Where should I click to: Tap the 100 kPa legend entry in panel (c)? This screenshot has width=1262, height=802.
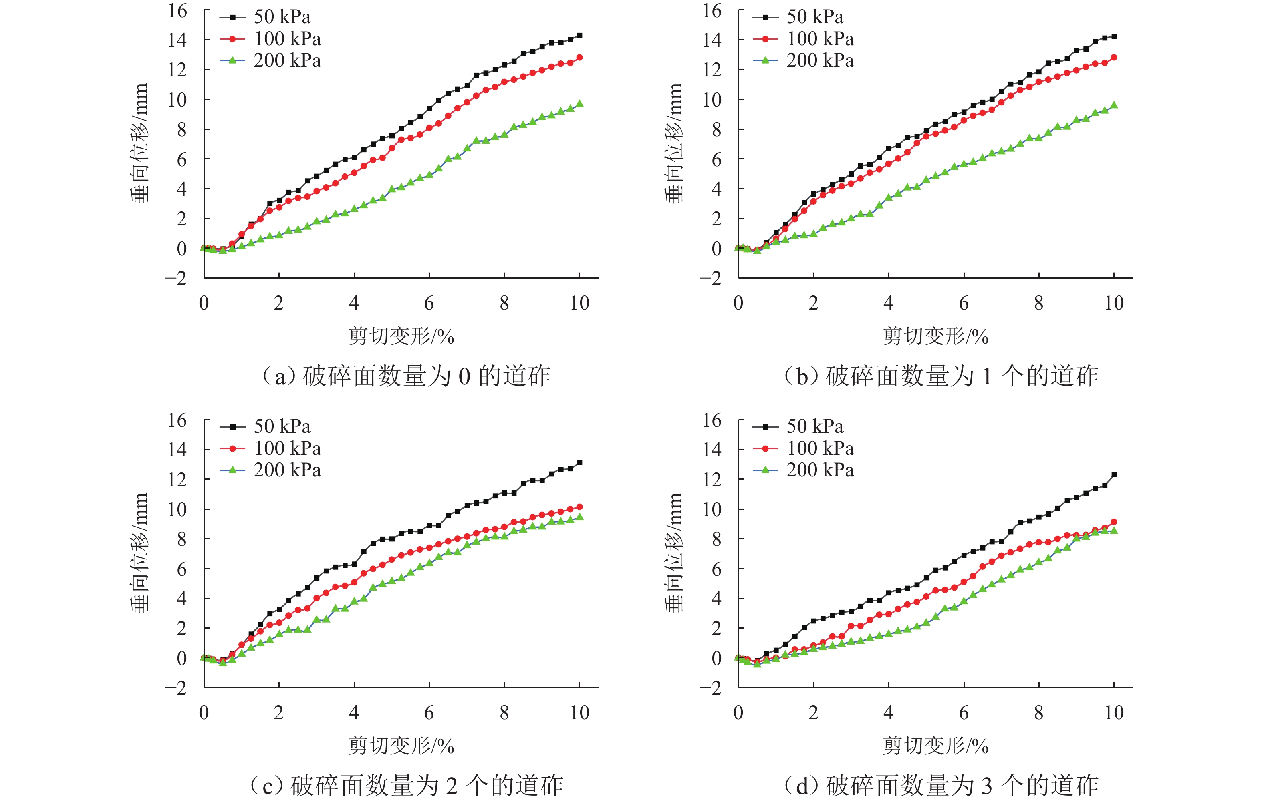click(270, 448)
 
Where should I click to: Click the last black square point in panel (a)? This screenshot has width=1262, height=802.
click(579, 36)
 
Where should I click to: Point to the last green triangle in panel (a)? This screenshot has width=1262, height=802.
click(579, 104)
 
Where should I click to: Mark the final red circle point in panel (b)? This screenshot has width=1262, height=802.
click(1114, 58)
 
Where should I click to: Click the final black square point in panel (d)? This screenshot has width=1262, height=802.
click(1114, 474)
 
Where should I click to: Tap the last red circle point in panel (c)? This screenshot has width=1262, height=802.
click(579, 507)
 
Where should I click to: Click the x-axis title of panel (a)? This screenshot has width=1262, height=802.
click(401, 336)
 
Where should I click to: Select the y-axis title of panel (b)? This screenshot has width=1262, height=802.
click(675, 143)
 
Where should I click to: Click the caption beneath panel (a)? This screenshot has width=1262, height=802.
click(406, 376)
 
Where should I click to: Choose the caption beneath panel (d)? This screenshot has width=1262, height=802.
click(941, 785)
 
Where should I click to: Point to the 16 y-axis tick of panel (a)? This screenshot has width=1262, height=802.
click(177, 10)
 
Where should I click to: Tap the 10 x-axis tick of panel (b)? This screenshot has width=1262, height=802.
click(1114, 303)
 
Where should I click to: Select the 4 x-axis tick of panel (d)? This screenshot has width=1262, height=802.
click(888, 712)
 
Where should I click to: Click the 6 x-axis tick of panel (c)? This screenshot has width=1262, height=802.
click(429, 712)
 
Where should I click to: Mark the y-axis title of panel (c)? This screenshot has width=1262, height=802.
click(140, 553)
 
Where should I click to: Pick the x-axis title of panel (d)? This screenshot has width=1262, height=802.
click(935, 746)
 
